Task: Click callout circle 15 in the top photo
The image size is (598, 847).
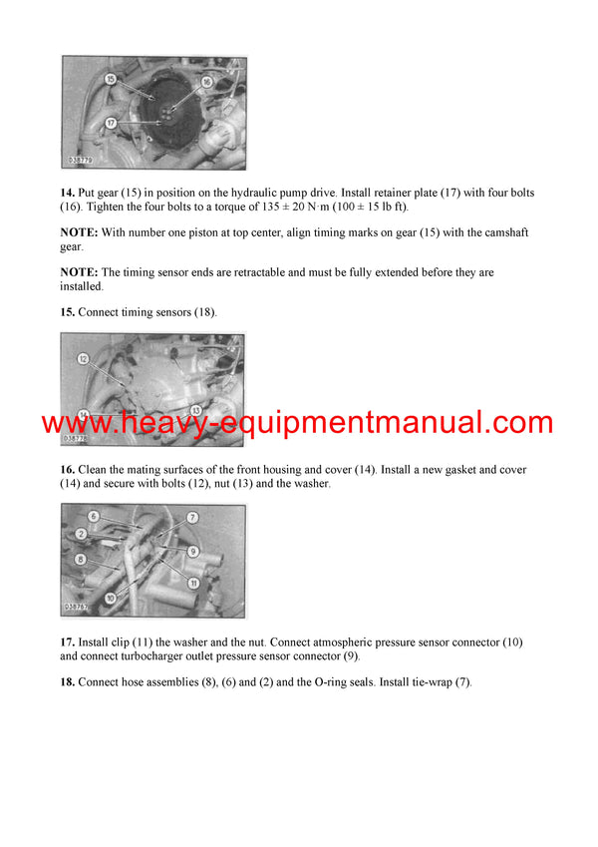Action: [x=109, y=78]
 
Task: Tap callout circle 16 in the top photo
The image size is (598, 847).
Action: [x=206, y=83]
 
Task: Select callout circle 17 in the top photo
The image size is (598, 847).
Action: [x=111, y=123]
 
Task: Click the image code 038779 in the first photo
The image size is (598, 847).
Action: [x=80, y=160]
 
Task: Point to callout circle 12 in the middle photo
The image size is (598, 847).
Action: [x=85, y=357]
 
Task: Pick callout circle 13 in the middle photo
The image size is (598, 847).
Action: [x=196, y=409]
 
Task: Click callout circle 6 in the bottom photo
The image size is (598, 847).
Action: [x=94, y=516]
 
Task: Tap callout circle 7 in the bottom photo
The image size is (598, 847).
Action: [x=192, y=518]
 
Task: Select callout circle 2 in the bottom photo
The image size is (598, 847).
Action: [x=84, y=534]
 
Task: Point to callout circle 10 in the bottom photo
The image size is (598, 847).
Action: [x=110, y=597]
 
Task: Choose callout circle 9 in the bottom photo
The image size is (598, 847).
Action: [x=193, y=551]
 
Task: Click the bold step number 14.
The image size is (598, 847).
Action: [x=68, y=192]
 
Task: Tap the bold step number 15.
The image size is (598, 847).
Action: [x=68, y=312]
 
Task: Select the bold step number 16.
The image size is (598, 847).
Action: [x=68, y=469]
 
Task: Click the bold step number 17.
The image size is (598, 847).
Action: [x=68, y=642]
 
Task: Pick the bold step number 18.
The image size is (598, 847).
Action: [x=68, y=682]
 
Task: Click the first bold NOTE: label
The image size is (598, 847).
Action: [x=80, y=232]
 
